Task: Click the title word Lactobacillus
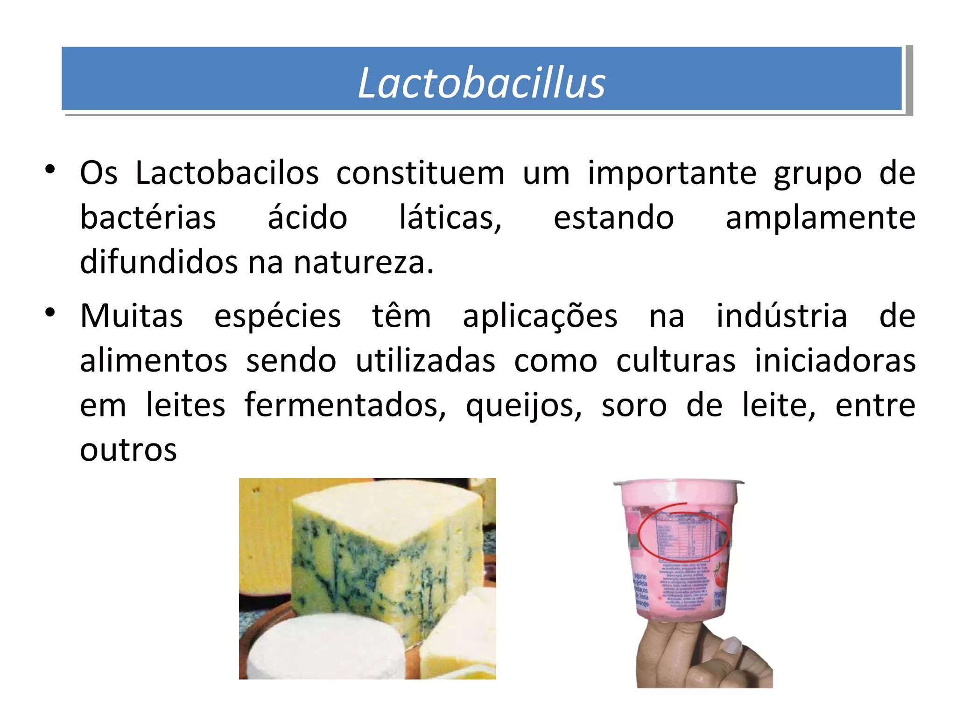coord(481,83)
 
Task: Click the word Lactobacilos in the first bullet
coord(227,173)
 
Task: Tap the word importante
coord(672,173)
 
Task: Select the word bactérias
coord(148,218)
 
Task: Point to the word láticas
coord(450,218)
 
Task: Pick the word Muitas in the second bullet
coord(131,316)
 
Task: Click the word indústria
coord(781,316)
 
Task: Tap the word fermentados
coord(345,405)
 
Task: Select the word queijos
coord(524,406)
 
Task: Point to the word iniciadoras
coord(835,360)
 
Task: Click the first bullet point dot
coord(50,169)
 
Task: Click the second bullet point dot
coord(50,312)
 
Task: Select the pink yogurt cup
coord(679,551)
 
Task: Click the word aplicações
coord(540,316)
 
